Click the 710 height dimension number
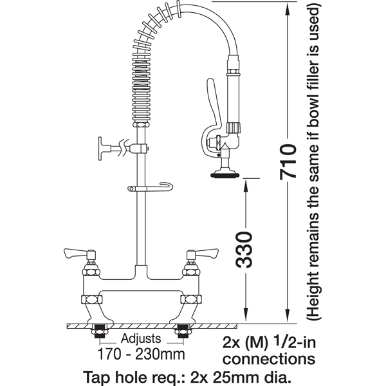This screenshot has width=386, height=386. (x=288, y=161)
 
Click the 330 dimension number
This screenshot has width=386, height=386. (x=244, y=250)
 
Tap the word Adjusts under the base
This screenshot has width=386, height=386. (x=141, y=339)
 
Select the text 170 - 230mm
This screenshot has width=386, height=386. (x=141, y=354)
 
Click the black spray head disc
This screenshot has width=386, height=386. (x=225, y=175)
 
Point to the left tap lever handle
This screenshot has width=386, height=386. (x=78, y=253)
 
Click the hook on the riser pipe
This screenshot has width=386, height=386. (x=151, y=188)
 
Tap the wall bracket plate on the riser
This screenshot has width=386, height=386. (x=100, y=148)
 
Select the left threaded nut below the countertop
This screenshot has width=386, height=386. (x=100, y=331)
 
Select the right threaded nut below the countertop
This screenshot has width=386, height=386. (x=183, y=331)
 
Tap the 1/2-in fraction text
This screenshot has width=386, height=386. (x=295, y=342)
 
